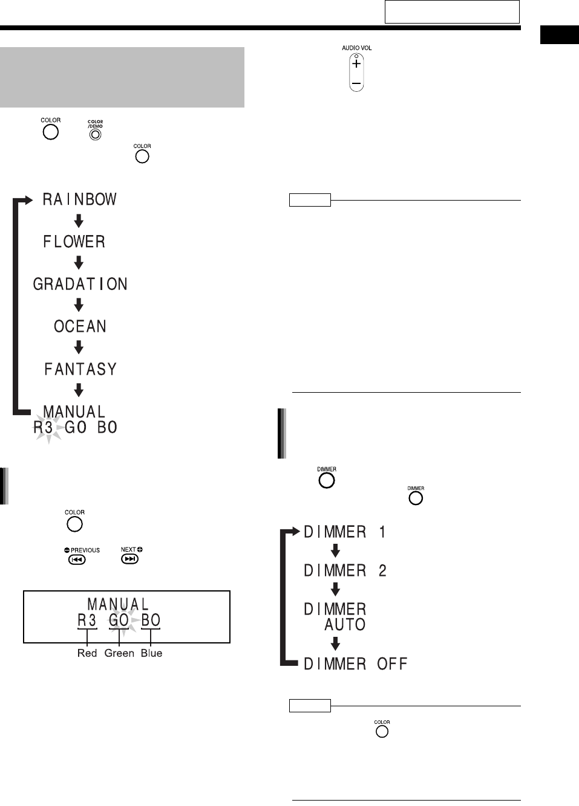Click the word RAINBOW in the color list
79,199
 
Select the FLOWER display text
74,242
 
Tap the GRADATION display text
80,284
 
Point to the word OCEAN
80,326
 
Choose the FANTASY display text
80,369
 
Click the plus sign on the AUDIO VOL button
356,63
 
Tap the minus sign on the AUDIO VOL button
356,82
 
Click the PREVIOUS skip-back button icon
76,559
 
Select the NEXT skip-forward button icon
130,559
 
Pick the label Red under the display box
87,653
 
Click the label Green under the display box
119,653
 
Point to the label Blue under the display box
151,653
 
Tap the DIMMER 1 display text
345,532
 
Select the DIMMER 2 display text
345,570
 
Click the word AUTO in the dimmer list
345,624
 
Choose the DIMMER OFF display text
355,664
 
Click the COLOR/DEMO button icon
95,134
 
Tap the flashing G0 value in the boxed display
119,621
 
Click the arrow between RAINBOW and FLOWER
79,221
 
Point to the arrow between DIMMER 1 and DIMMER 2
335,551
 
